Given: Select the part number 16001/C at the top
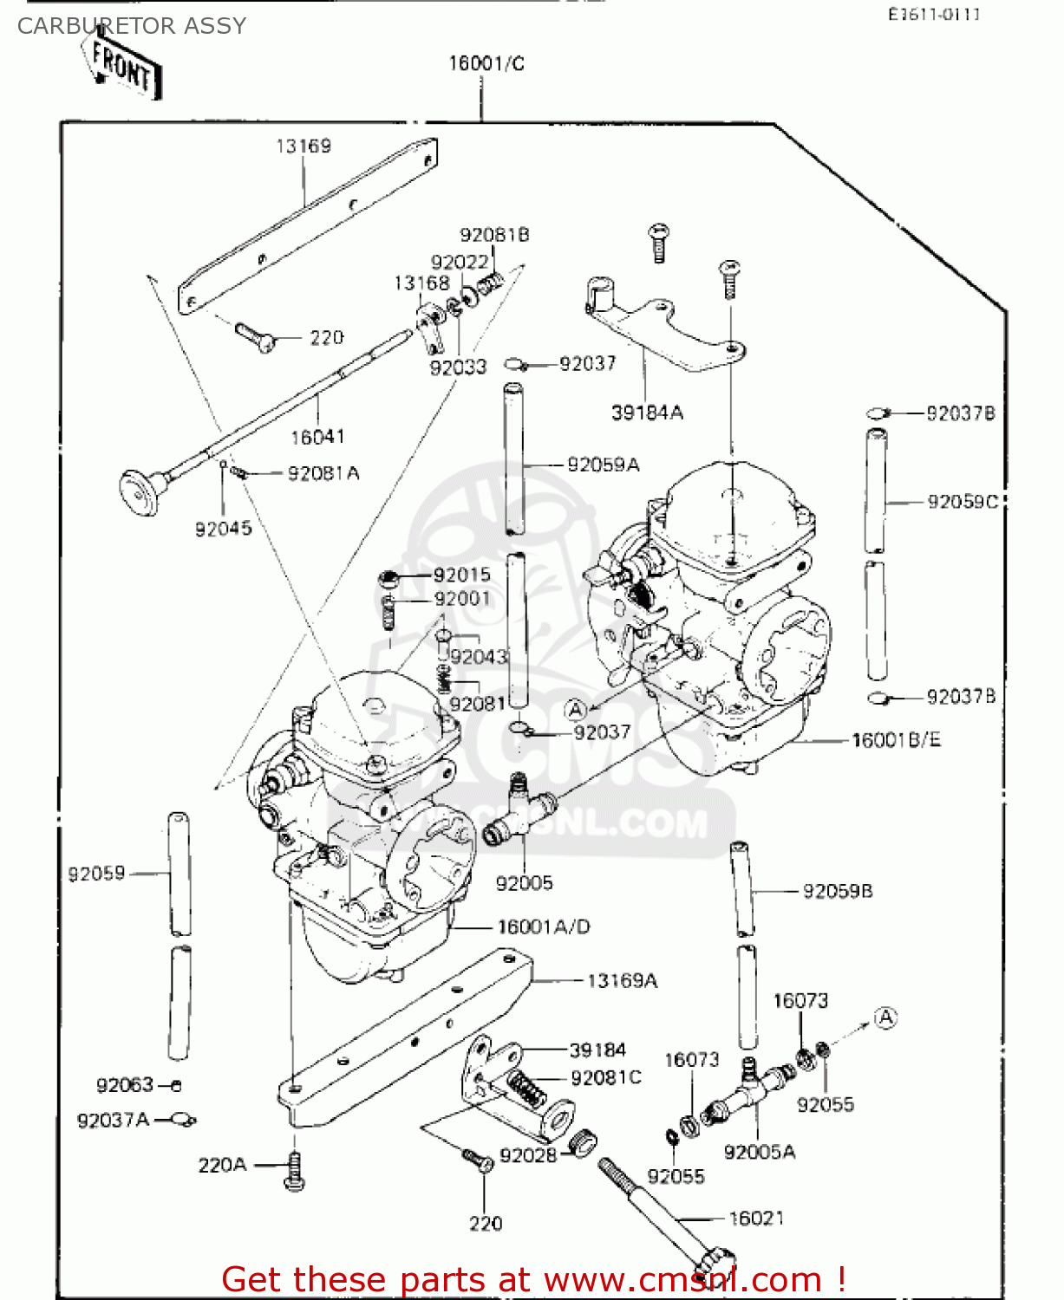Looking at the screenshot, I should click(486, 63).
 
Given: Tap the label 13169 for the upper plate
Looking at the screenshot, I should click(303, 146).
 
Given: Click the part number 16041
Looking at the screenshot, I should click(317, 437).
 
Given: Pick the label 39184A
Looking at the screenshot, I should click(647, 413).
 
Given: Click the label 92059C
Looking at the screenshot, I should click(962, 502).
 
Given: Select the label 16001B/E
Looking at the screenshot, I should click(896, 740).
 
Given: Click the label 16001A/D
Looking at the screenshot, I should click(543, 927).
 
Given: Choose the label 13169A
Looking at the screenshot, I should click(622, 981).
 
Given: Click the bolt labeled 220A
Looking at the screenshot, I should click(295, 1172).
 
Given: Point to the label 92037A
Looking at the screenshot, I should click(113, 1121).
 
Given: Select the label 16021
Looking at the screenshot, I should click(756, 1219).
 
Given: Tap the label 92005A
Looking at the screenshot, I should click(759, 1152).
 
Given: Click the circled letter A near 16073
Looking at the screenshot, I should click(884, 1017).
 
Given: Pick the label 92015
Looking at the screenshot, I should click(461, 575).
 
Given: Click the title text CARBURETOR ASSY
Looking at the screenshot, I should click(132, 26).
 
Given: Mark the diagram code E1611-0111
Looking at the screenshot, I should click(933, 14).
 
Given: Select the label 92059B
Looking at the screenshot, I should click(837, 891).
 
